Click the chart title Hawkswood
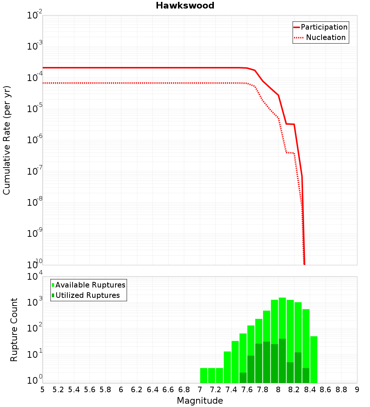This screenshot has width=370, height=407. tap(185, 6)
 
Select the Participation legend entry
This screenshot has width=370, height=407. tap(324, 27)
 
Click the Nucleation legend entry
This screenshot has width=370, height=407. tap(326, 37)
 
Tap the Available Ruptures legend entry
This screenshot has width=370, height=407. tap(90, 285)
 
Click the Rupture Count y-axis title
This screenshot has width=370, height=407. tap(14, 329)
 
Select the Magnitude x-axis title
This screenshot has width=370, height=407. tap(200, 401)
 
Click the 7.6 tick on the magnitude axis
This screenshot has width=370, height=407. tap(247, 389)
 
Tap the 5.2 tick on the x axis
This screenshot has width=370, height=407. tap(58, 389)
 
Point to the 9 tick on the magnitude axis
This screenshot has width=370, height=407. tap(357, 389)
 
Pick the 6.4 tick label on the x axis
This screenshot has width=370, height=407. tap(152, 389)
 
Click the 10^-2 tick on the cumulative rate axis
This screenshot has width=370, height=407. tap(35, 16)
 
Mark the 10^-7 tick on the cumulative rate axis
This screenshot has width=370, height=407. tap(35, 172)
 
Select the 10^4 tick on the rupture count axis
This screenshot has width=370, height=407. tap(35, 277)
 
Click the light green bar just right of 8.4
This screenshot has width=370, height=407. tap(314, 359)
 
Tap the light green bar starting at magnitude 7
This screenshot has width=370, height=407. tap(203, 375)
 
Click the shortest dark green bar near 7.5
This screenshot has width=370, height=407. tap(243, 377)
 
